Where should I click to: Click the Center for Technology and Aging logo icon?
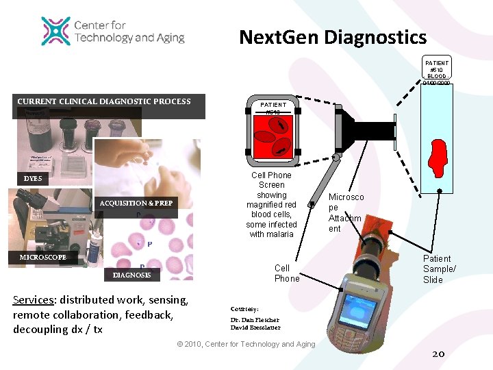coord(56,31)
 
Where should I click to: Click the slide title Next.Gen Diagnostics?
coord(333,37)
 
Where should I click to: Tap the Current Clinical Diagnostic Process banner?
coord(103,101)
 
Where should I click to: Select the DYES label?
coord(32,179)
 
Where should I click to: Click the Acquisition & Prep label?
coord(136,203)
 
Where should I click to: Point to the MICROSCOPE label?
coord(43,257)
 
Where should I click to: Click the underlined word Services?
coord(34,300)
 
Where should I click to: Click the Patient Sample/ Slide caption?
coord(437,269)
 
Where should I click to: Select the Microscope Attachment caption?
coord(346,212)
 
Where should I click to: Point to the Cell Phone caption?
coord(286,273)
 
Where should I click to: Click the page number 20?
coord(439,354)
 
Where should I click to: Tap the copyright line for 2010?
coord(246,344)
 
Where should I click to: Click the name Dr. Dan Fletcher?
coord(255,320)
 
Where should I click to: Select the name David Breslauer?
coord(255,328)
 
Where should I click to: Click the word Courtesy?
coord(244,308)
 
